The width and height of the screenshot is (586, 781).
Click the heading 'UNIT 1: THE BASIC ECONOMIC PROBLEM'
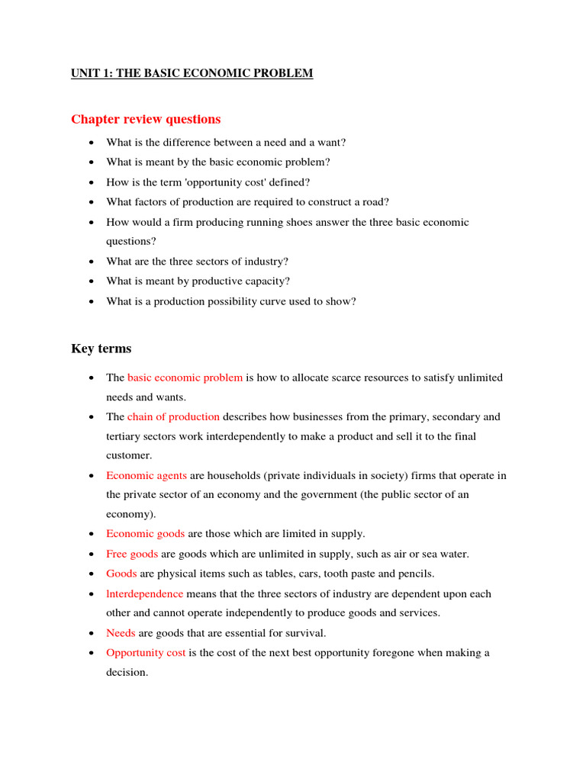tap(192, 74)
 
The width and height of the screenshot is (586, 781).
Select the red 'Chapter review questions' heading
tap(146, 119)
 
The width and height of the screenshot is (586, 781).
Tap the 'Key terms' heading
tap(101, 349)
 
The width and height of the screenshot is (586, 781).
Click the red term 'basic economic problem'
tap(185, 378)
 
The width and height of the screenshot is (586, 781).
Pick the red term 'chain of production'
tap(173, 417)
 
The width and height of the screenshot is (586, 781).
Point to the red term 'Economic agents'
tap(146, 476)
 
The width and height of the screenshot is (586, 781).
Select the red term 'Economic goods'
tap(145, 534)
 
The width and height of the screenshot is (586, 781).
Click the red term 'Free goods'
tap(132, 554)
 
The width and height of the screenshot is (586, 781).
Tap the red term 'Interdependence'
tap(144, 593)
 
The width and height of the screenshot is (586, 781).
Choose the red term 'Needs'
tap(121, 633)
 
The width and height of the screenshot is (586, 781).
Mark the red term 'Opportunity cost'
tap(146, 653)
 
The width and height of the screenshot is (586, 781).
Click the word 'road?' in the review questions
tap(375, 202)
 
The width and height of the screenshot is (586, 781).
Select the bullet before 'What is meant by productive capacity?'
tap(92, 281)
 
